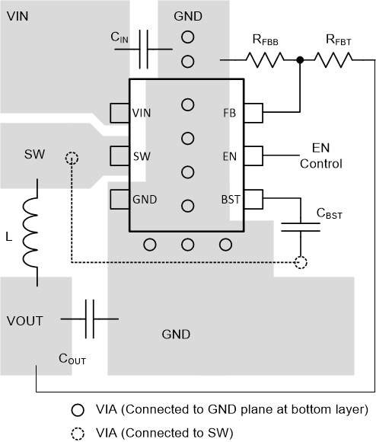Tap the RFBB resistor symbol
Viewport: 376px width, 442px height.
pyautogui.click(x=263, y=59)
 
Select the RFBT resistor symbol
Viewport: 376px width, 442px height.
pyautogui.click(x=336, y=59)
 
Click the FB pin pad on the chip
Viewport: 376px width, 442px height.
pyautogui.click(x=253, y=114)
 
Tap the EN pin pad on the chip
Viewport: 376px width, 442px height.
pyautogui.click(x=253, y=156)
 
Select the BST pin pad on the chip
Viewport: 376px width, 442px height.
pyautogui.click(x=253, y=200)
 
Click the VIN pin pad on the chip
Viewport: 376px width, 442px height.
pyautogui.click(x=119, y=114)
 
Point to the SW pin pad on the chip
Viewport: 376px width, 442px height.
pyautogui.click(x=119, y=156)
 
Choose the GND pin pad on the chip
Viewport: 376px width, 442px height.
pyautogui.click(x=119, y=200)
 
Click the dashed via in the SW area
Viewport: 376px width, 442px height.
pyautogui.click(x=72, y=159)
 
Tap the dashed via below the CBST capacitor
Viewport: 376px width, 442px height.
pyautogui.click(x=301, y=262)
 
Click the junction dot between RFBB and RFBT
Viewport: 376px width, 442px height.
pyautogui.click(x=301, y=59)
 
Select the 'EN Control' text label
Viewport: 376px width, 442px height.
pyautogui.click(x=320, y=156)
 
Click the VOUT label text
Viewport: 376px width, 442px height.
pyautogui.click(x=26, y=319)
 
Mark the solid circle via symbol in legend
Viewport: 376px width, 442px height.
pyautogui.click(x=78, y=409)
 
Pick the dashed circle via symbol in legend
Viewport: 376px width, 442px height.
pyautogui.click(x=78, y=431)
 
